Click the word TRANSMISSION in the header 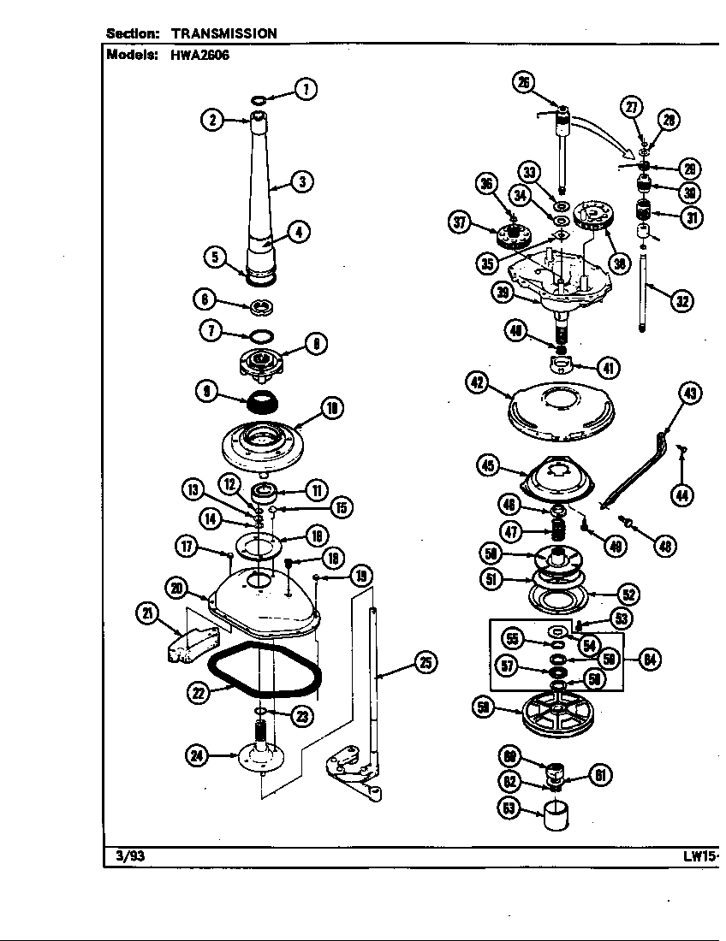224,33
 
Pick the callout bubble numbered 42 477,383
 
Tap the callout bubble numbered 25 424,661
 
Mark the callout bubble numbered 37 463,223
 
